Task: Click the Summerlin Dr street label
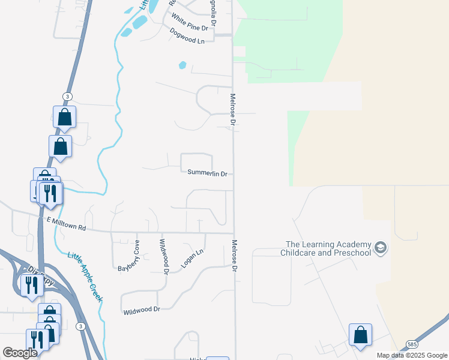(207, 173)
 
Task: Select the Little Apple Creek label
(85, 277)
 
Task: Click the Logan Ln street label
(192, 259)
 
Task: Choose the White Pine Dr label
(189, 23)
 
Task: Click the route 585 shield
(411, 344)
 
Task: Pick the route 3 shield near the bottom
(80, 326)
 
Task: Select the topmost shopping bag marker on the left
(64, 117)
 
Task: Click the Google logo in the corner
(20, 353)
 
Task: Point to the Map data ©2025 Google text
(411, 355)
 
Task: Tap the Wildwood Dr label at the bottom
(142, 310)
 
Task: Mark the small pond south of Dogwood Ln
(182, 65)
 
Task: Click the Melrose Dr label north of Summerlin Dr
(232, 109)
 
